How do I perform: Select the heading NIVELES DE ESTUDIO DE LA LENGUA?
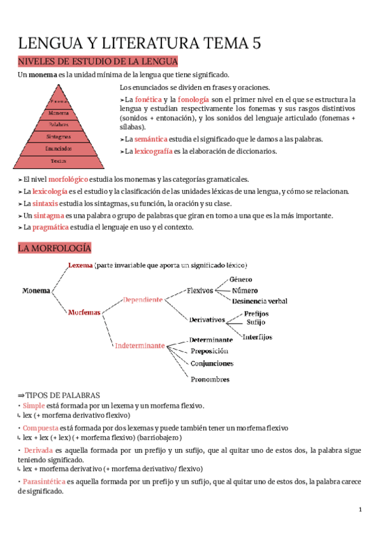click(x=98, y=61)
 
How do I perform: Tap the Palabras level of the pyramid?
click(x=59, y=124)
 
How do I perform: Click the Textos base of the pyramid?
click(x=59, y=161)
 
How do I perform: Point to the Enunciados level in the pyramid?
click(x=59, y=149)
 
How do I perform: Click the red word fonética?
click(x=148, y=100)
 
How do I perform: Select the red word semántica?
click(x=151, y=139)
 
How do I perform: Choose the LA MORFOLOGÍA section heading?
click(x=54, y=248)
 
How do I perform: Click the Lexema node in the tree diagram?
click(x=80, y=265)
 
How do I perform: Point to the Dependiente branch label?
click(x=142, y=299)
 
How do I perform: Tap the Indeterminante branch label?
click(x=139, y=346)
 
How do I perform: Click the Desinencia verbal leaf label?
click(x=260, y=301)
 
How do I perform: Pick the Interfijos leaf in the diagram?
click(x=258, y=336)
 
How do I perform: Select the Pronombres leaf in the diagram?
click(x=210, y=379)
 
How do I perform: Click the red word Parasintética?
click(x=44, y=482)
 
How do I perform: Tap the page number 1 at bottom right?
click(x=360, y=510)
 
